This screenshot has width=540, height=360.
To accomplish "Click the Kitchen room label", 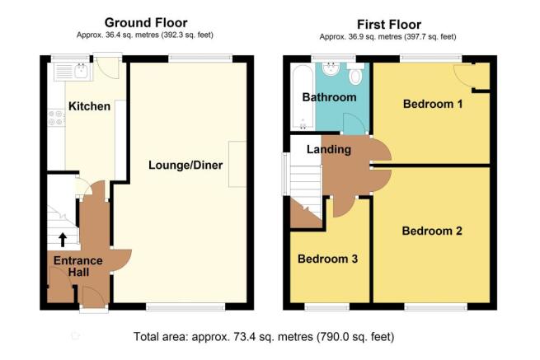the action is [90, 106].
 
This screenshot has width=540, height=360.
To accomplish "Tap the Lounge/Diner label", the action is [185, 166].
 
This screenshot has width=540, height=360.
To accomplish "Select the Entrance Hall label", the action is [78, 266].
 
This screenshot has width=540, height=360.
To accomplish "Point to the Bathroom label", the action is [329, 97].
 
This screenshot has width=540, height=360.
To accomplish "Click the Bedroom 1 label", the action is [433, 104].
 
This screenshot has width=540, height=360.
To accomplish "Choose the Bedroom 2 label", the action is [432, 231].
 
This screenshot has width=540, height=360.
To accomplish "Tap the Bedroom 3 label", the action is [327, 259].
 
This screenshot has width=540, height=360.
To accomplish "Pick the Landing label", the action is [329, 149].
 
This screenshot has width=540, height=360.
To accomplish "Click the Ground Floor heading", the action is [146, 23].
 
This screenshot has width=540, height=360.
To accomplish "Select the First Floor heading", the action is [389, 25].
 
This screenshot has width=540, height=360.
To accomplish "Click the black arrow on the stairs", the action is [63, 240].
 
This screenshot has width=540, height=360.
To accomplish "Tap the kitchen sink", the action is [82, 71].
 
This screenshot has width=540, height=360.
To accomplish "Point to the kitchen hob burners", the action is [57, 118].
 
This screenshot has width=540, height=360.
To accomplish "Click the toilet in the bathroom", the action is [355, 73].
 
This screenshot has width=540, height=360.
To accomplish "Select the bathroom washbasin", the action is [331, 68].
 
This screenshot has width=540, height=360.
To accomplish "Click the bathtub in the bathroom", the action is [303, 96].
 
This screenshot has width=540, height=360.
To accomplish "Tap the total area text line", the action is [264, 336].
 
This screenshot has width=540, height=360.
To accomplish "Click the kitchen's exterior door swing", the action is [108, 68].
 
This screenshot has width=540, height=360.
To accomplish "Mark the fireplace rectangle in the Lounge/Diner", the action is [237, 164].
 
